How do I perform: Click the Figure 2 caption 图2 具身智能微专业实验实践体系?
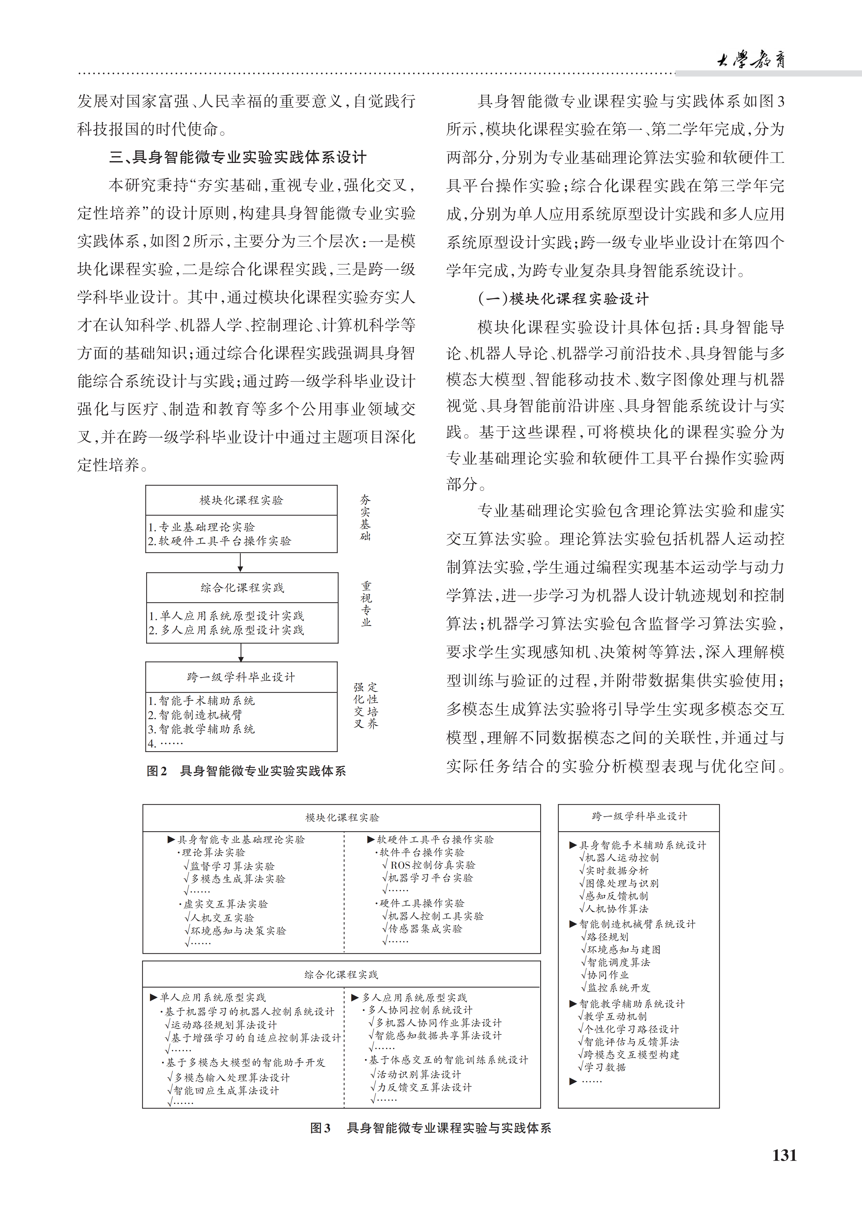pyautogui.click(x=246, y=770)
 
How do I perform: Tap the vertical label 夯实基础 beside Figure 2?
pyautogui.click(x=365, y=517)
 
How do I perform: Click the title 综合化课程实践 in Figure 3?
pyautogui.click(x=341, y=974)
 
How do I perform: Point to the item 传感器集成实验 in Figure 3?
pyautogui.click(x=425, y=929)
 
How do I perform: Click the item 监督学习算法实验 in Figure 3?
pyautogui.click(x=232, y=866)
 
